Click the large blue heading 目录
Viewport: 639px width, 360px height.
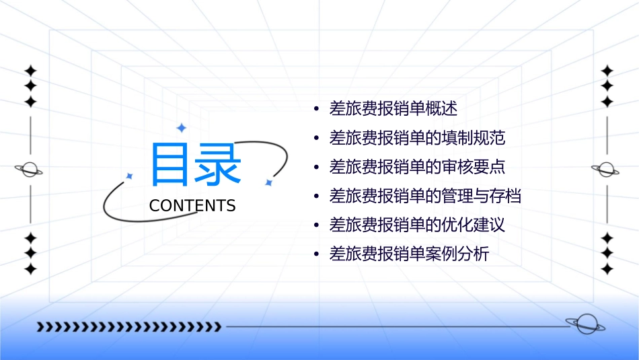click(196, 165)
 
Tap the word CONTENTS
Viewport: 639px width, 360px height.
click(192, 206)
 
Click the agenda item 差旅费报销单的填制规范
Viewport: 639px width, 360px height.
click(417, 138)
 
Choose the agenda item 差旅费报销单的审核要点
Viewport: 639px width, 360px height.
click(417, 167)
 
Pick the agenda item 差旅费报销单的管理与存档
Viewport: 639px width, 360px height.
click(425, 196)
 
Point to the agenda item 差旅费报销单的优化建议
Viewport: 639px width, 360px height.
click(417, 225)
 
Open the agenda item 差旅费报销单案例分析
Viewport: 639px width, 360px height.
click(409, 255)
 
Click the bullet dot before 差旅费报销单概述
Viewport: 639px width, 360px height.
click(316, 109)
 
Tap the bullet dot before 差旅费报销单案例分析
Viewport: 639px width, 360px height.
click(316, 256)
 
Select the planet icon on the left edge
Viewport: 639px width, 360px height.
click(29, 170)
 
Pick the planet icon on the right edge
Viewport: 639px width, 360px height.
click(606, 170)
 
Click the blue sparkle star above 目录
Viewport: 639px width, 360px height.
click(180, 128)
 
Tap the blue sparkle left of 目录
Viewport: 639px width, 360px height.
click(130, 176)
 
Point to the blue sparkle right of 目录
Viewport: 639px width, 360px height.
click(268, 182)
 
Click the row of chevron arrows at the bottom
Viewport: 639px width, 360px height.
click(128, 327)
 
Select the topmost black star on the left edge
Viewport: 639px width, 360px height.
click(30, 71)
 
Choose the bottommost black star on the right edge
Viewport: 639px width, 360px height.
click(607, 269)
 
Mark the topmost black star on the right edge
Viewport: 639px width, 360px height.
click(607, 71)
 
